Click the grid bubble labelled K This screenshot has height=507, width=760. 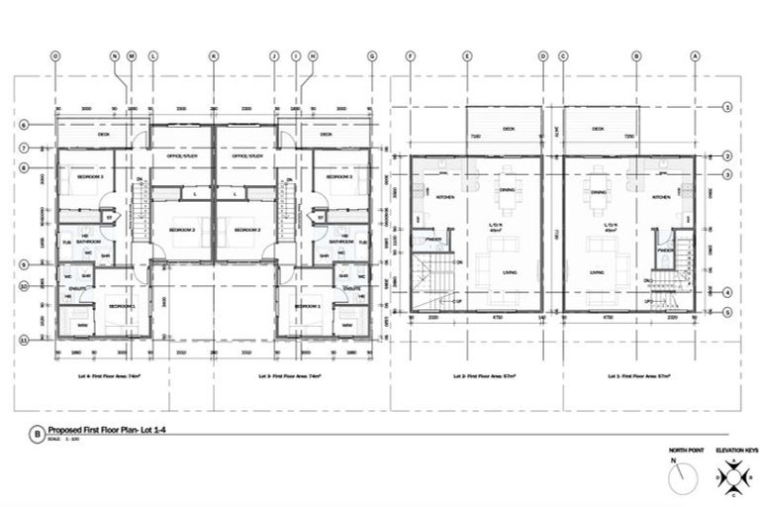click(213, 56)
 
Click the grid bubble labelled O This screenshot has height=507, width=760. click(55, 56)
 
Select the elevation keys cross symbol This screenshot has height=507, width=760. click(732, 480)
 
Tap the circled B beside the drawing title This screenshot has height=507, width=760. click(38, 433)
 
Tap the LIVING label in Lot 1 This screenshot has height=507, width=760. click(598, 272)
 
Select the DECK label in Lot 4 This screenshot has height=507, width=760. click(103, 134)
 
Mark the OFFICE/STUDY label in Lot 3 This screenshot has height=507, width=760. click(246, 155)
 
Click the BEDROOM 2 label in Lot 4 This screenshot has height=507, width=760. click(182, 229)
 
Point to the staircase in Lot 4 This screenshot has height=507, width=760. click(140, 213)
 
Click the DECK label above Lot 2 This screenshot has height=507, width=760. click(508, 129)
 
